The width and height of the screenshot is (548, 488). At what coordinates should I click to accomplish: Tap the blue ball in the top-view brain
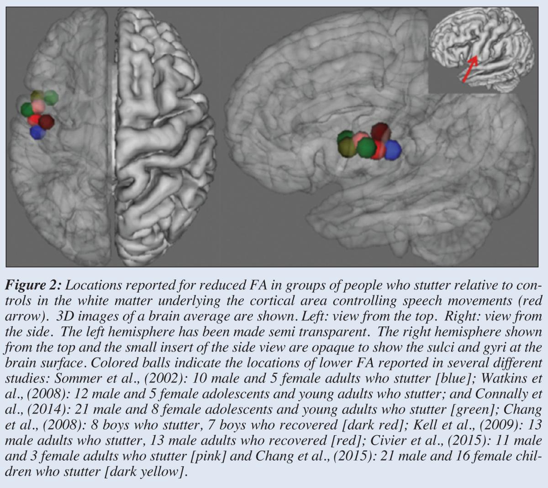tap(38, 132)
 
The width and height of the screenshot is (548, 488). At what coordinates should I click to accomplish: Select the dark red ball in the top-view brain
tap(47, 121)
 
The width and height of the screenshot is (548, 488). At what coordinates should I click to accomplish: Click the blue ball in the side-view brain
tap(392, 150)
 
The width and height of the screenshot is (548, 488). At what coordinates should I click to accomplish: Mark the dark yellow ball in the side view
tap(347, 147)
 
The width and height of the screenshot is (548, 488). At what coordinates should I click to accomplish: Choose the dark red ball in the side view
tap(379, 132)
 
